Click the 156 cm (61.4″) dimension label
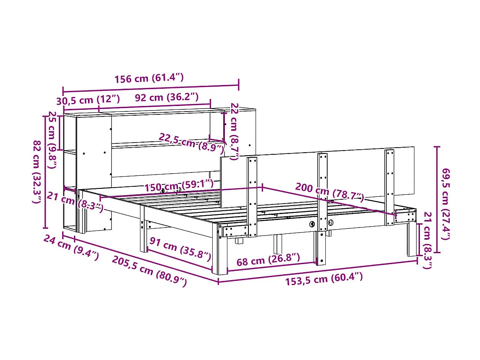(x=149, y=78)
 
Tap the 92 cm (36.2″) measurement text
(x=166, y=98)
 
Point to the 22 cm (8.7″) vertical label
(x=235, y=131)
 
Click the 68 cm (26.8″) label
(x=268, y=260)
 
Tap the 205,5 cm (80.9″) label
(x=149, y=271)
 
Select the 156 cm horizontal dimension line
(x=150, y=87)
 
